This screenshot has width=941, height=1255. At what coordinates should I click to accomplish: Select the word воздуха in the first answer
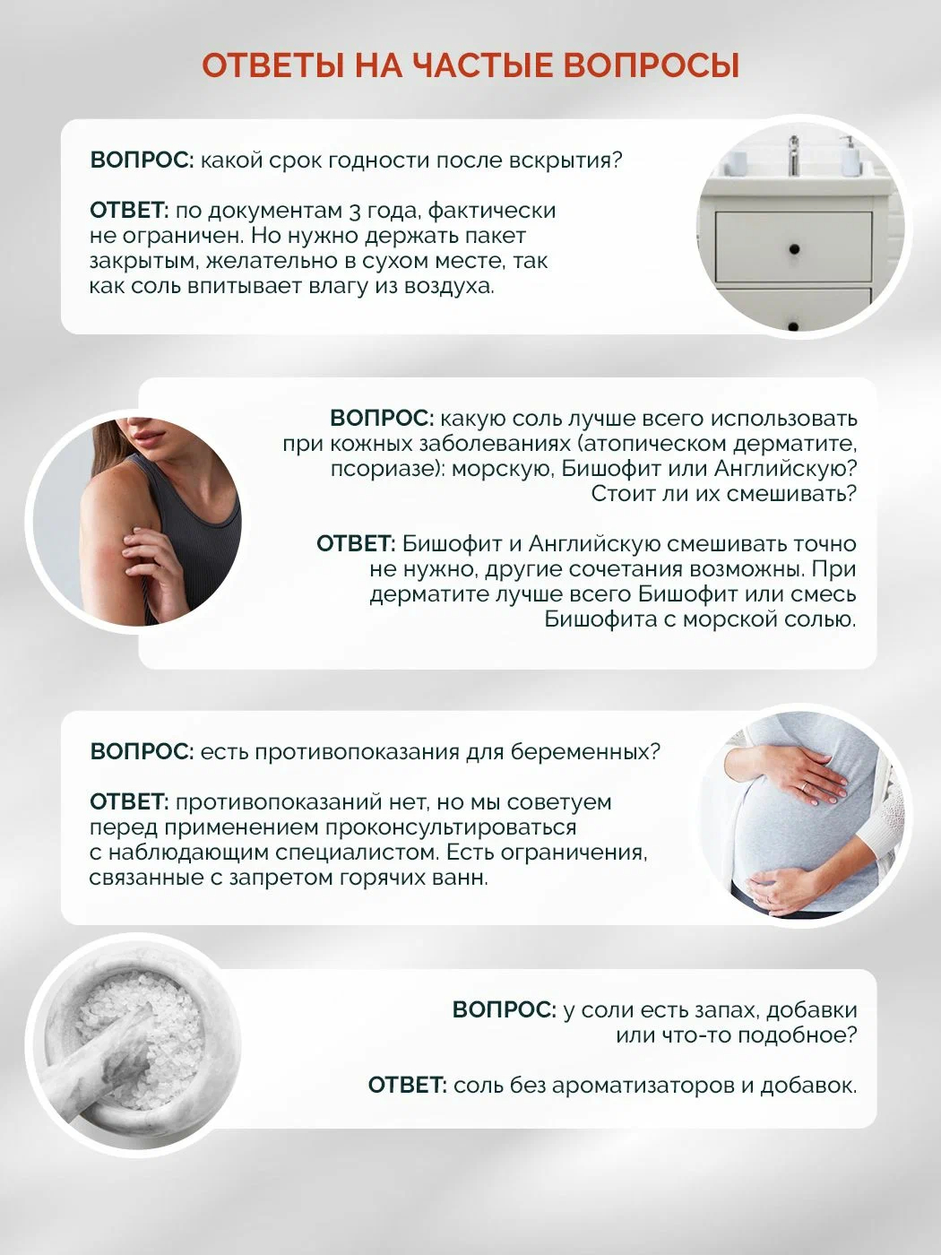coord(449,287)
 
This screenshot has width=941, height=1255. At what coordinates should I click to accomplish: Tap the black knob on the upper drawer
coord(794,249)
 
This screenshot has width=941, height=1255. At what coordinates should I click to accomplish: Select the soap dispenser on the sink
coord(849,156)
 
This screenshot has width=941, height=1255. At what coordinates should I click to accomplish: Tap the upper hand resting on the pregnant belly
coord(810,775)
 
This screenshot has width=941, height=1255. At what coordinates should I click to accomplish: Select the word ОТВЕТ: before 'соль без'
coord(407,1085)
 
